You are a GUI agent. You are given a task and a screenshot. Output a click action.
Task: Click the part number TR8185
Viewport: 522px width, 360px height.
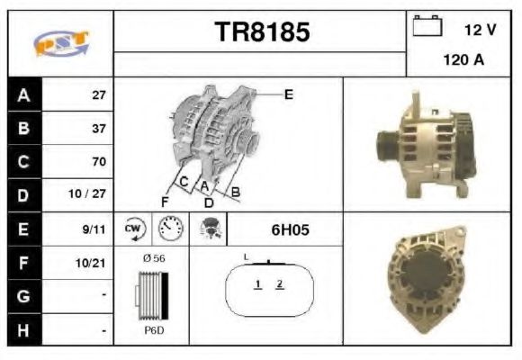[262, 33]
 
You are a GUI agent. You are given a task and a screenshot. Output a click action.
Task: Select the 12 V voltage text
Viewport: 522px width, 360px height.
[479, 29]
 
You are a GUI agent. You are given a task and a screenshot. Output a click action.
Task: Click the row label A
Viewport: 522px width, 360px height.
[23, 94]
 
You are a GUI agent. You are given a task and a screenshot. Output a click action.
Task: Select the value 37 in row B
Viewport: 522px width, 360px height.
[98, 128]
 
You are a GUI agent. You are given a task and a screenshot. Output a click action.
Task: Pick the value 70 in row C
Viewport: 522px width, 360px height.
[98, 162]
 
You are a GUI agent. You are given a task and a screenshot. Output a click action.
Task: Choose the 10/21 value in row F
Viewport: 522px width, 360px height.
[93, 264]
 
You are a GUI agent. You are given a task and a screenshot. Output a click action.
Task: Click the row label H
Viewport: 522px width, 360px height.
[23, 331]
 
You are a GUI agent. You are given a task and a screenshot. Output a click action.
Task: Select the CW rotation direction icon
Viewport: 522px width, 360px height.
[134, 229]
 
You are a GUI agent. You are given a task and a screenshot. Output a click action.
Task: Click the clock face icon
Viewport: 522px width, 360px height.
[170, 229]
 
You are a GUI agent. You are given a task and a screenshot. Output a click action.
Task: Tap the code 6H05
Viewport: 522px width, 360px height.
[290, 229]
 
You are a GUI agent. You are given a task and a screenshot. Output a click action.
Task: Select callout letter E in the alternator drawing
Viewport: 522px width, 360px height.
[288, 94]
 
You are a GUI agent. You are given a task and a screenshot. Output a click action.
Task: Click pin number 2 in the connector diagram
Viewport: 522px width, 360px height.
[280, 284]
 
